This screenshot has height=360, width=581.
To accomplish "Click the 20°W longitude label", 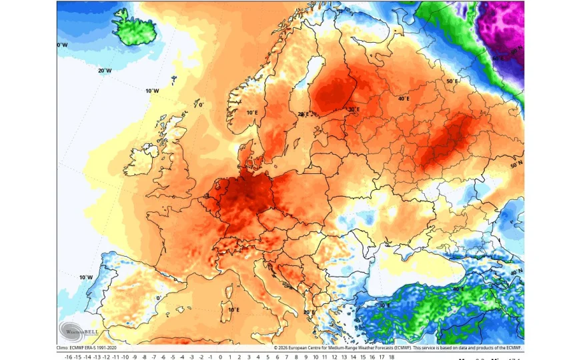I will click(104, 71).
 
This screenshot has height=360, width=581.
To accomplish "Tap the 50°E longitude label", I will click(452, 81).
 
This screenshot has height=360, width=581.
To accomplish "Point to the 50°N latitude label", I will click(516, 165).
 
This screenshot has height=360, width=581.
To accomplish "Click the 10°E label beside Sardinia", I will click(233, 309).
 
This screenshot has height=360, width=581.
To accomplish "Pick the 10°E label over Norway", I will click(251, 113).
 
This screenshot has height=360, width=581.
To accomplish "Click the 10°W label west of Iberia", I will click(85, 277).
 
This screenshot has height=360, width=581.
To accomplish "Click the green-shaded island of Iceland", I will click(137, 27).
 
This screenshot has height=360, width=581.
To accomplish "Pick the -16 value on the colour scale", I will click(68, 357).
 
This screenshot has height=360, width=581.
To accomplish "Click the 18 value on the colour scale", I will click(392, 357).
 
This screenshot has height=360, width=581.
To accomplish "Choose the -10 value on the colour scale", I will click(125, 357).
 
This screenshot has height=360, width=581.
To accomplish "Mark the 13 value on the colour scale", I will click(344, 357).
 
